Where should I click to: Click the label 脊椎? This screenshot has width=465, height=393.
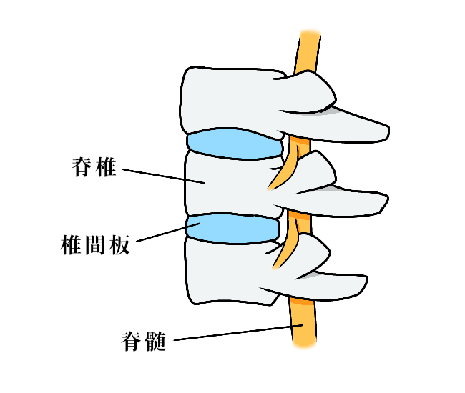pos(94,169)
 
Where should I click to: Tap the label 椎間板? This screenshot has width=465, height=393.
pos(93,245)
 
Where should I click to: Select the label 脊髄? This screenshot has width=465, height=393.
pos(144,342)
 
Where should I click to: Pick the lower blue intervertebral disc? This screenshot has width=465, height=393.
pos(231,229)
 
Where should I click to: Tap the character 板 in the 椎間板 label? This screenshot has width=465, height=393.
pos(119,245)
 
